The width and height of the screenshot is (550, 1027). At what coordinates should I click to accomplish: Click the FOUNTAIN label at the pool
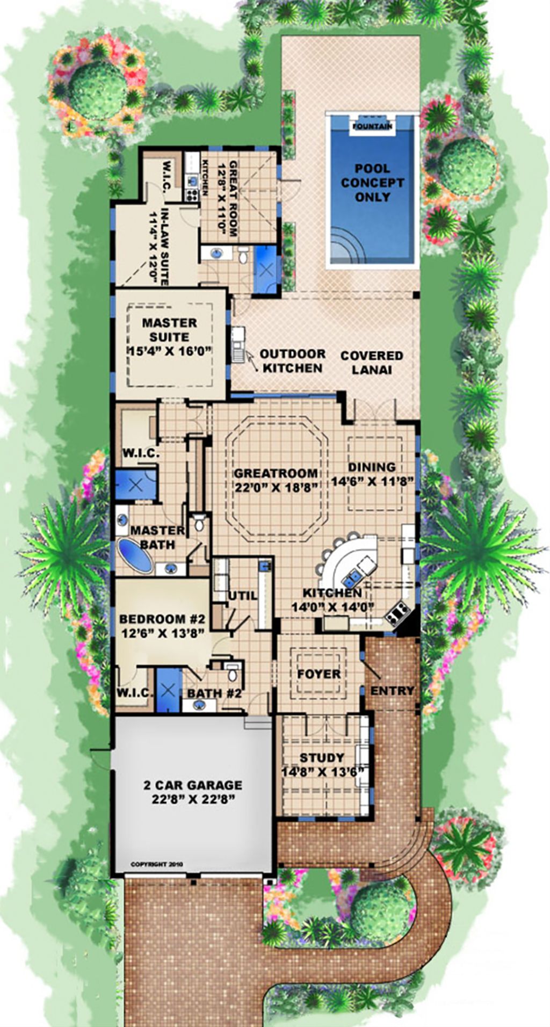point(372,127)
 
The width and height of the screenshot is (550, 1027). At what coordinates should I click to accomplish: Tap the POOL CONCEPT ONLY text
point(372,183)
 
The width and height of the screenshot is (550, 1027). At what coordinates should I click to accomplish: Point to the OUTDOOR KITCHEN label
point(292,361)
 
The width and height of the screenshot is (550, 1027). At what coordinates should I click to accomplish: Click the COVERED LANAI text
point(372,363)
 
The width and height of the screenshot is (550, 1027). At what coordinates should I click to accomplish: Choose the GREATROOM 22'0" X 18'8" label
point(276,480)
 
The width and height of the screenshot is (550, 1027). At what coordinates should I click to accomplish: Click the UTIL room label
point(243,596)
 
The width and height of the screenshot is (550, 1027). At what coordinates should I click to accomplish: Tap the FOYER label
point(319,674)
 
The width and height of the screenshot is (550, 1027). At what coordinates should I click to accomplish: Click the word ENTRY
point(392,691)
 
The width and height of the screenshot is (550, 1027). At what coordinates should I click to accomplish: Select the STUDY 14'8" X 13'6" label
point(322,764)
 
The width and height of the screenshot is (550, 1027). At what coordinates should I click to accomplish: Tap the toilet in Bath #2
point(232,672)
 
